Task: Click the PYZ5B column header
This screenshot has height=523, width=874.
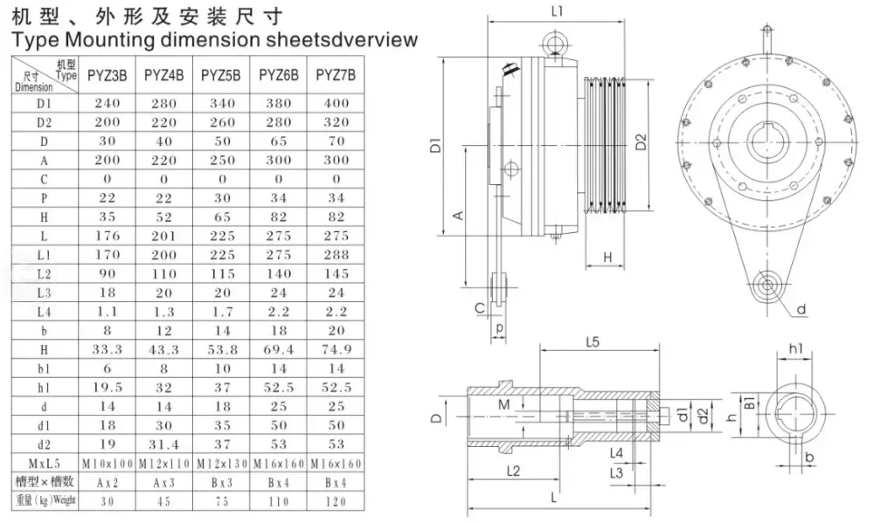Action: coord(221,76)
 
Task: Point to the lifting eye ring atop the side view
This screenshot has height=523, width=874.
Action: coord(554,41)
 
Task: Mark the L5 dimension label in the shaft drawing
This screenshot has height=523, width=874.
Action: coord(593,343)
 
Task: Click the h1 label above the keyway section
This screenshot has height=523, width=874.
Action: coord(796,348)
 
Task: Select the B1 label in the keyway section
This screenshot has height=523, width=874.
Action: coord(749,403)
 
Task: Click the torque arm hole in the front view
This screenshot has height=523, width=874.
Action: coord(767,284)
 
